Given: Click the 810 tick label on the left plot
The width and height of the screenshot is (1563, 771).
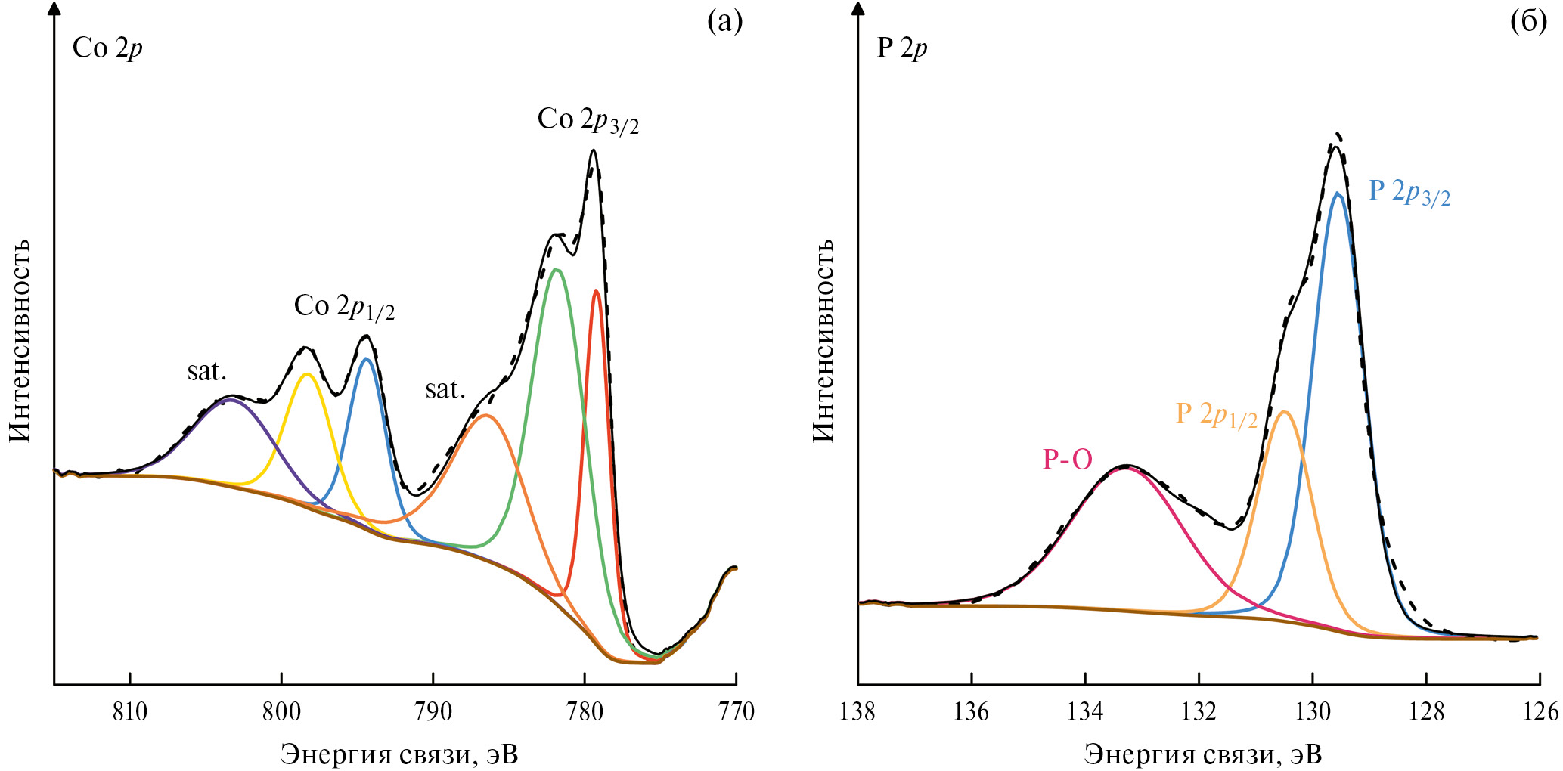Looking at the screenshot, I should tap(130, 712).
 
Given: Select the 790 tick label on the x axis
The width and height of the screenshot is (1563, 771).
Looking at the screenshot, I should tap(433, 712).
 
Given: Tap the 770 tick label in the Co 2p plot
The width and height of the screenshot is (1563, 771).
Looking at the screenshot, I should tap(737, 712).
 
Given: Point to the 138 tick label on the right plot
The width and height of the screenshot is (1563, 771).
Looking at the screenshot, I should tap(857, 712).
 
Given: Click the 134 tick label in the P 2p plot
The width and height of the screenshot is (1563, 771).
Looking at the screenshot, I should tap(1085, 712).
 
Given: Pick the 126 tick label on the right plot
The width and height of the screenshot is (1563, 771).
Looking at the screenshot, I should tap(1540, 712).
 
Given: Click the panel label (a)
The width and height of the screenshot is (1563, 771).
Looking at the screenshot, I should tap(724, 22).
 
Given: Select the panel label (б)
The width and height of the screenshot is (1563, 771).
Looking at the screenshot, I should tap(1528, 22).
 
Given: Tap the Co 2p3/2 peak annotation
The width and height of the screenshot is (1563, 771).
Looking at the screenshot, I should tap(588, 121).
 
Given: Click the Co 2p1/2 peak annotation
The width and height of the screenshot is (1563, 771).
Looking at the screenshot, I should tap(344, 307).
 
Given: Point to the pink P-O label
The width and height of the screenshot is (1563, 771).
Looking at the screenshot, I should tap(1067, 460).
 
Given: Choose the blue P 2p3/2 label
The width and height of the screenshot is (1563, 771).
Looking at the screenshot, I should tap(1409, 192).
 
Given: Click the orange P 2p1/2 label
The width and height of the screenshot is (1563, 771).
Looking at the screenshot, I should tap(1216, 415).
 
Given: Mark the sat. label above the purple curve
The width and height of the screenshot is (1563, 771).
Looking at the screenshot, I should tap(207, 371).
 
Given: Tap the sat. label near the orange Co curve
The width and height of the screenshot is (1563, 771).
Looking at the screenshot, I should tap(445, 389).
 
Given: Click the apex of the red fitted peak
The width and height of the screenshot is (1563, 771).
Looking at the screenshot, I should tap(597, 290).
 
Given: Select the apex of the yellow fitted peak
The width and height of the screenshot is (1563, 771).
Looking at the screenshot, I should tap(306, 373).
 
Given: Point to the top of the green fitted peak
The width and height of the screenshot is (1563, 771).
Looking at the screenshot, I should tap(557, 269).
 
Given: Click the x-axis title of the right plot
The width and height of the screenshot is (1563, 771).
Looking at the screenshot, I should tap(1203, 754).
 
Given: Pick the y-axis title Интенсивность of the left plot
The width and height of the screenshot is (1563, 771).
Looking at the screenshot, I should tap(20, 339).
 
